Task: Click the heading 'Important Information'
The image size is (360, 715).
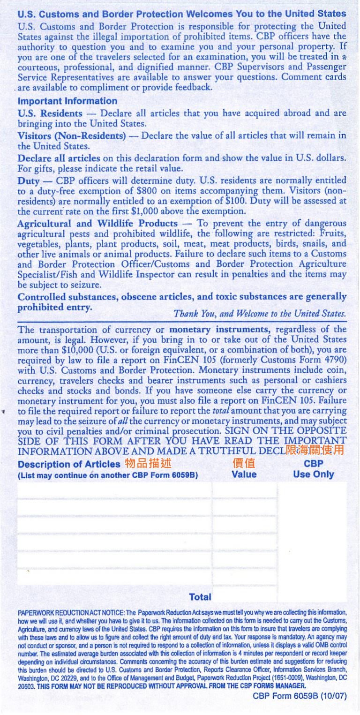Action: [x=67, y=101]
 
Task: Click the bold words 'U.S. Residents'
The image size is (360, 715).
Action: [x=50, y=113]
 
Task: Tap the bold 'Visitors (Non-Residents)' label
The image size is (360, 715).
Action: [x=72, y=136]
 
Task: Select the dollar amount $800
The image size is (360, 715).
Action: [x=145, y=191]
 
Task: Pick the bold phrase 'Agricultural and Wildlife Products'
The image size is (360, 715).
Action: [x=97, y=224]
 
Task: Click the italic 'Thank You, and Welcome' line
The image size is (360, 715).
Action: [x=260, y=313]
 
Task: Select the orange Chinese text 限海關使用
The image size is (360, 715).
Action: [x=315, y=451]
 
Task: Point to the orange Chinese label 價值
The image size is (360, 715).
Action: [x=244, y=463]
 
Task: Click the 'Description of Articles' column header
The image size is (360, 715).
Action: [x=69, y=464]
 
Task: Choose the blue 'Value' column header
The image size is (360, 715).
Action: [x=244, y=474]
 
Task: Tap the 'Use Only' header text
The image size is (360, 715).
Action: [x=313, y=474]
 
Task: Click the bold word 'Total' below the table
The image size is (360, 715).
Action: [x=200, y=597]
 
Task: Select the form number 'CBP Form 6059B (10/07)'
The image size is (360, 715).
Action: [x=300, y=696]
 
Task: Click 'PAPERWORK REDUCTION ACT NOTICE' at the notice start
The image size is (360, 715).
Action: [x=71, y=612]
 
